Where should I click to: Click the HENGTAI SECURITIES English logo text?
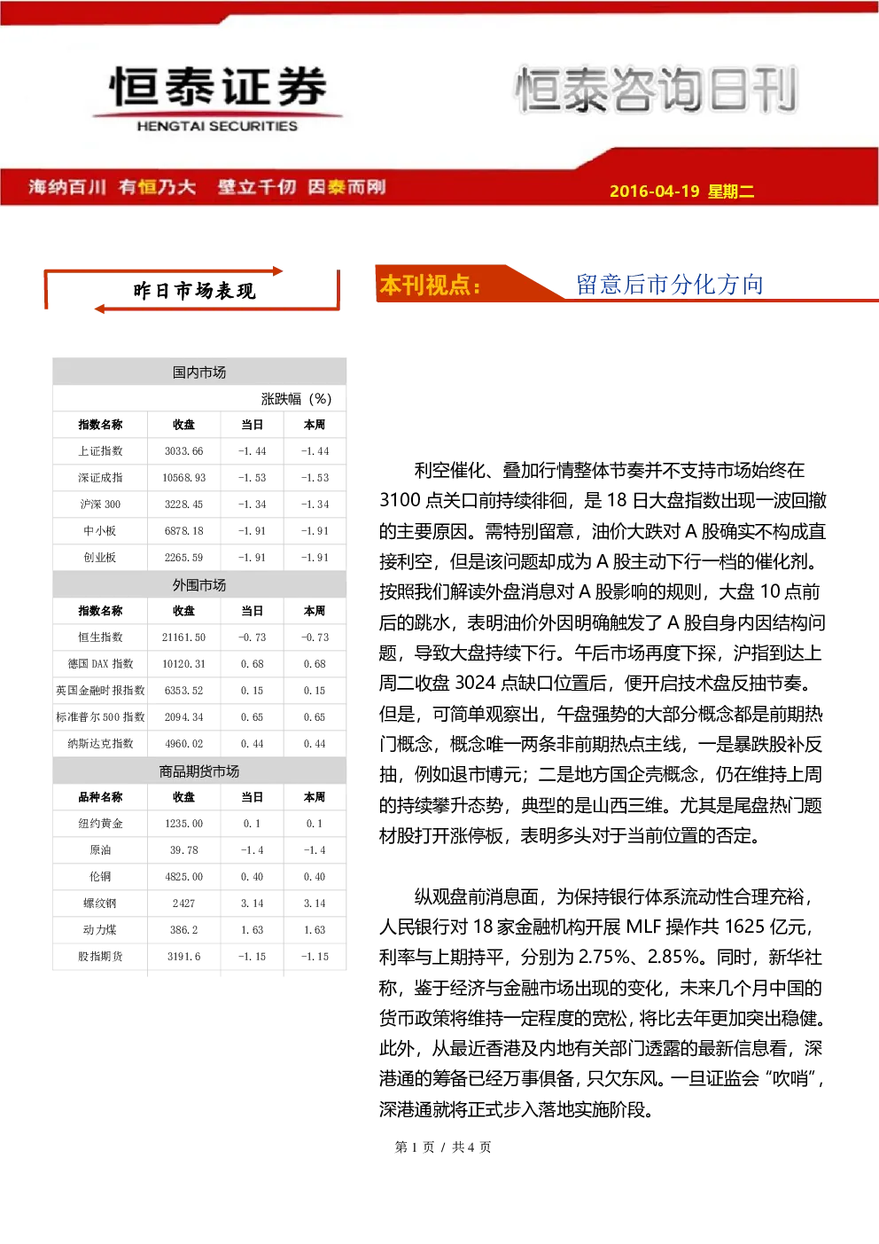click(x=217, y=126)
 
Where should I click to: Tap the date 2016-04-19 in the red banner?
click(x=654, y=191)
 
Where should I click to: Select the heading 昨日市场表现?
click(x=194, y=291)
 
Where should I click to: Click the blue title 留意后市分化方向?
click(x=670, y=285)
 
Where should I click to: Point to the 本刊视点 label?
click(x=430, y=286)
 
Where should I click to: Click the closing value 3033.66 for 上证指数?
click(x=183, y=451)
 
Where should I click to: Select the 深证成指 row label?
click(x=100, y=478)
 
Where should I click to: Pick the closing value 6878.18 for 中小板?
click(x=183, y=531)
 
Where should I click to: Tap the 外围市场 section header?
click(x=199, y=585)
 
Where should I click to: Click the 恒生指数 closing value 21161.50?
click(x=183, y=637)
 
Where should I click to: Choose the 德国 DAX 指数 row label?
click(x=100, y=663)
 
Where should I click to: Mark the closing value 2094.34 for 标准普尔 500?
click(x=183, y=717)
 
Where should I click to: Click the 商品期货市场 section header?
click(x=199, y=771)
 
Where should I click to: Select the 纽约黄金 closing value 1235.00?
click(x=183, y=824)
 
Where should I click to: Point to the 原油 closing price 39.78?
click(x=183, y=850)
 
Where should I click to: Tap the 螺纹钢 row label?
click(x=100, y=904)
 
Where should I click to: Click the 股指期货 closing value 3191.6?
click(x=183, y=957)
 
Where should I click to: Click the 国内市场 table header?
click(x=199, y=372)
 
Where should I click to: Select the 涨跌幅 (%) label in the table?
click(x=296, y=399)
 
